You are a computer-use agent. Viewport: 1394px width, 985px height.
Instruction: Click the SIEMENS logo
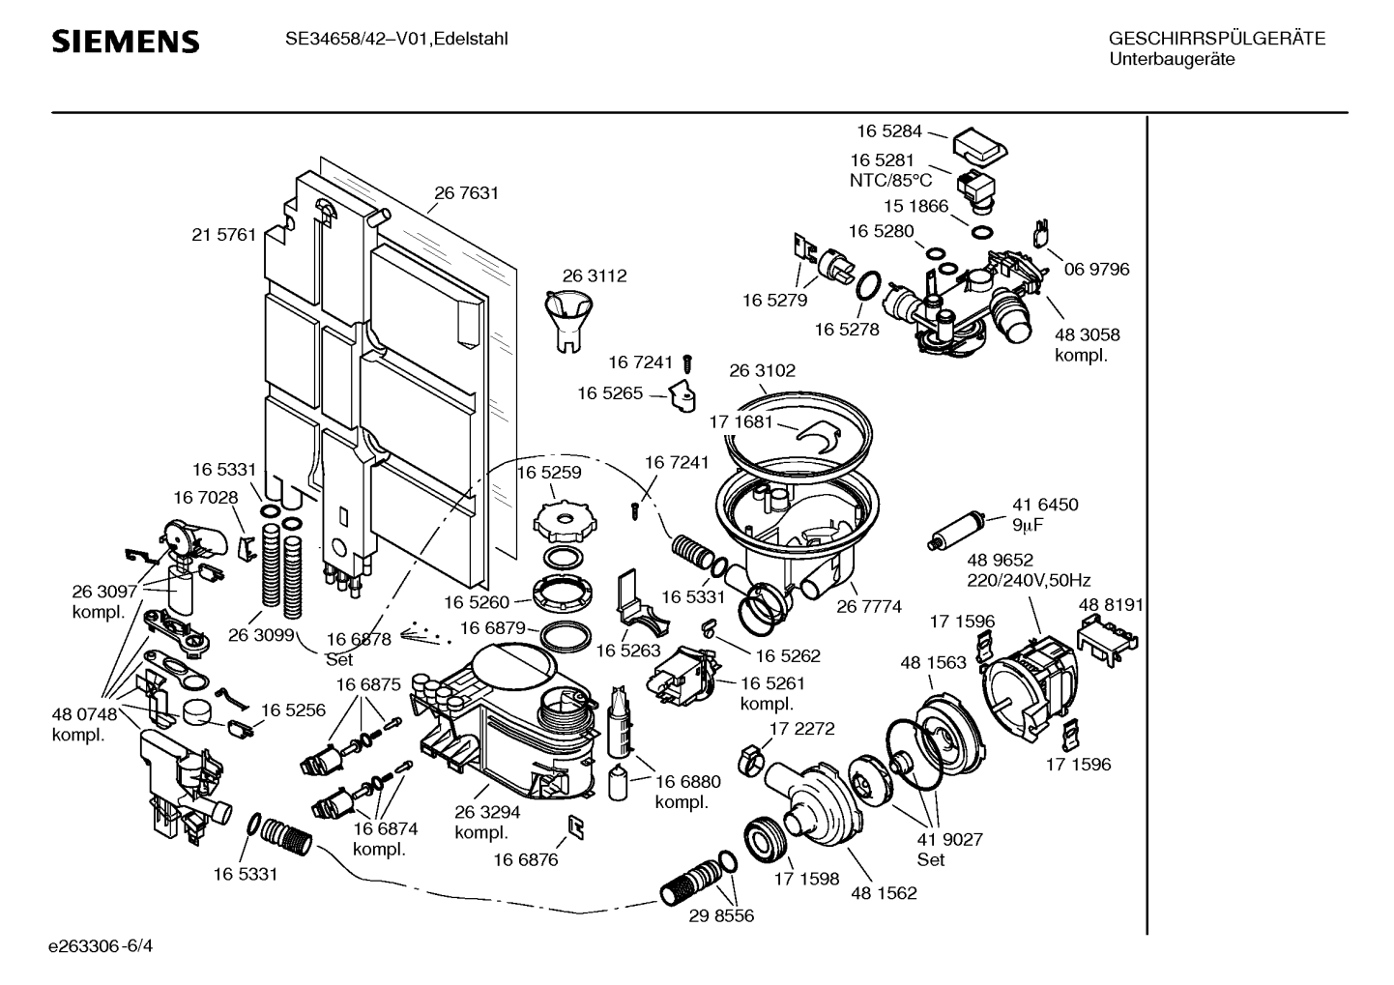(x=126, y=42)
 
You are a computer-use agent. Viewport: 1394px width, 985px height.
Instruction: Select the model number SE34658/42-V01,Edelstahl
(x=396, y=40)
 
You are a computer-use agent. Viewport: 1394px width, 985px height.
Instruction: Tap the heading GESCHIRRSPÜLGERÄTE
(x=1217, y=40)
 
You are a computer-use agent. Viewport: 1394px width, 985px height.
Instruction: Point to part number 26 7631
(x=466, y=193)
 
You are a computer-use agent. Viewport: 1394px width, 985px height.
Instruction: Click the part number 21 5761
(x=224, y=235)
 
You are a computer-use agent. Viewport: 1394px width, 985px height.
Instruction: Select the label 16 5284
(x=888, y=131)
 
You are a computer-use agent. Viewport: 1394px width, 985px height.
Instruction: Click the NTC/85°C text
(x=890, y=180)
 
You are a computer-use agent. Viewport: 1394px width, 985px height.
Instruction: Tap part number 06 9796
(x=1096, y=270)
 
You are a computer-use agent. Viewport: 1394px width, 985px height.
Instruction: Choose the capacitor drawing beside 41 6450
(x=957, y=530)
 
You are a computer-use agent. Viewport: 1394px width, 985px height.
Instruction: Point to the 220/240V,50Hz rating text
(x=1029, y=581)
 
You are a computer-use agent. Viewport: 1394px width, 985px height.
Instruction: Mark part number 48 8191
(x=1111, y=605)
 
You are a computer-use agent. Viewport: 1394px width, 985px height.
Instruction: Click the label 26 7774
(x=869, y=607)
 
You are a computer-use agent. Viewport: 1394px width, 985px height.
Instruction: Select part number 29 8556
(x=721, y=915)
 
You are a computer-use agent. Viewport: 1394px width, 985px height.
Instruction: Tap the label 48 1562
(x=884, y=893)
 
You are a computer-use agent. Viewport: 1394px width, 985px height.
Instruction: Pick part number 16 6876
(x=526, y=859)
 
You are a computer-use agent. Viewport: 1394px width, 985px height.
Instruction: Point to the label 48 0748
(x=84, y=714)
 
